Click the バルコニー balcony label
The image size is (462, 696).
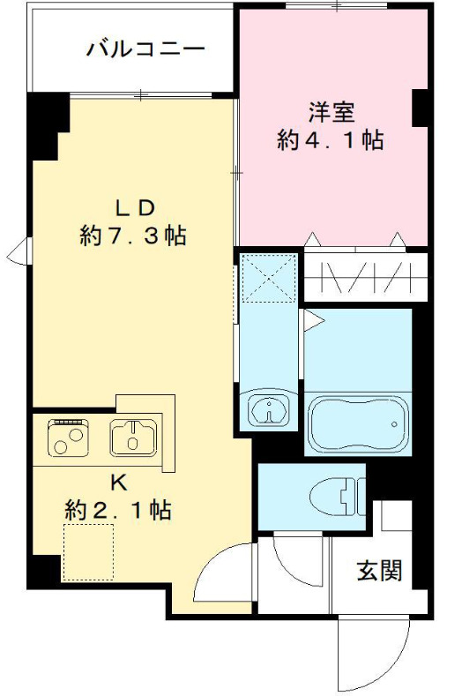(x=145, y=48)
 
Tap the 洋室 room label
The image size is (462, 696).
(x=331, y=112)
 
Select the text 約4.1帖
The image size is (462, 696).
(x=331, y=140)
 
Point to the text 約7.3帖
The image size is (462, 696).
(x=133, y=236)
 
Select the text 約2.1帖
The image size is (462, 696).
(x=117, y=510)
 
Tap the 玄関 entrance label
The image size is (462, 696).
(x=380, y=571)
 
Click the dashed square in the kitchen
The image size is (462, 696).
(x=88, y=550)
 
